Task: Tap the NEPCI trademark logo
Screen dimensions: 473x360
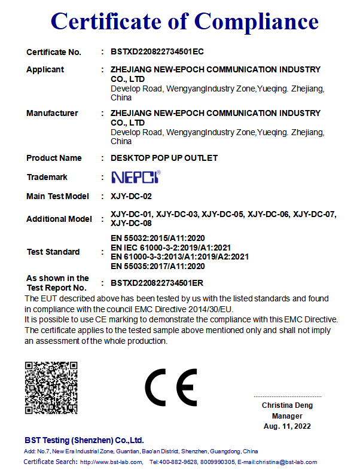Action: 136,177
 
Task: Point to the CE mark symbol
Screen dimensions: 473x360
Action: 171,388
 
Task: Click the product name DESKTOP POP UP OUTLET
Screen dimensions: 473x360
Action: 164,158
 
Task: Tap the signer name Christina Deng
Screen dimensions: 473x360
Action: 287,405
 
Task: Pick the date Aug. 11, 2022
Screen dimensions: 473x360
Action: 287,426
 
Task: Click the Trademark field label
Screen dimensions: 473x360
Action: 47,177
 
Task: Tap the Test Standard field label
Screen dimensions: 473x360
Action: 53,252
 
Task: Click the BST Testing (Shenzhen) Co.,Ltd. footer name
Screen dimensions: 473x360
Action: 84,440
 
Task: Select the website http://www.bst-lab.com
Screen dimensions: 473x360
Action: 111,462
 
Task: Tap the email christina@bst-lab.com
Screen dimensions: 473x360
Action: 286,462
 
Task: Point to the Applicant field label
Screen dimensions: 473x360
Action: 45,70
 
